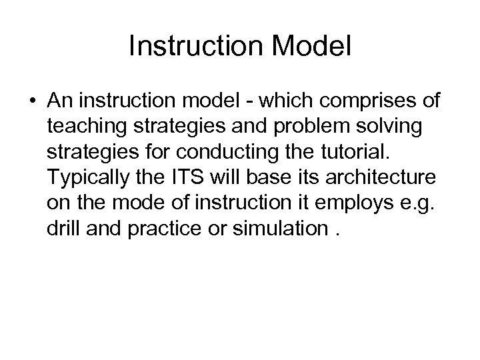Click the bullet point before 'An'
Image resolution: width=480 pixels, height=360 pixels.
click(x=33, y=101)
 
